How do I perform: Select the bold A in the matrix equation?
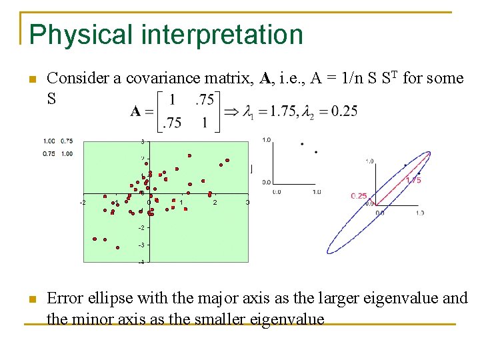tap(136, 111)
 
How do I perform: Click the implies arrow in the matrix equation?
tap(231, 111)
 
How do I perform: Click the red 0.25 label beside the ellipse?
tap(359, 195)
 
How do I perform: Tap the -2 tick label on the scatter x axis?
tap(83, 202)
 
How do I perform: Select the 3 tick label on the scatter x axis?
tap(247, 202)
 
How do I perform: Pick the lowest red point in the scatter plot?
tap(118, 247)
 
